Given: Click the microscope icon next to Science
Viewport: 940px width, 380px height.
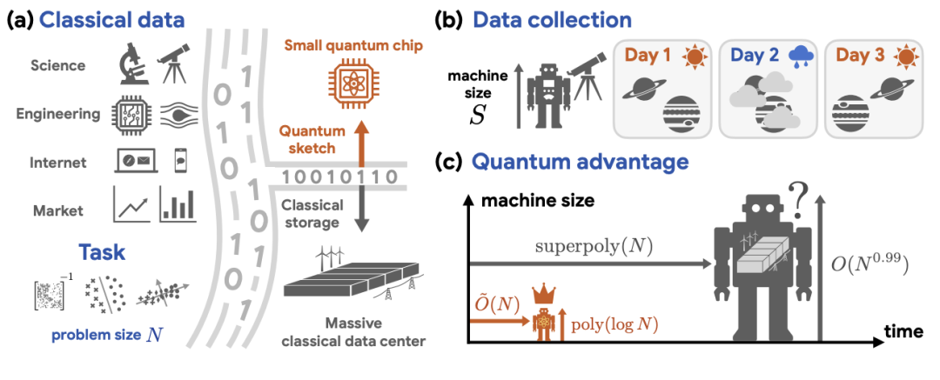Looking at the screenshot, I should (131, 65).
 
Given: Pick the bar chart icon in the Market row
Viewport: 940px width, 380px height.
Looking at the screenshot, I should (177, 205).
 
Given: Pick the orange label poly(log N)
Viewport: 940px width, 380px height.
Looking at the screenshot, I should (614, 324).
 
